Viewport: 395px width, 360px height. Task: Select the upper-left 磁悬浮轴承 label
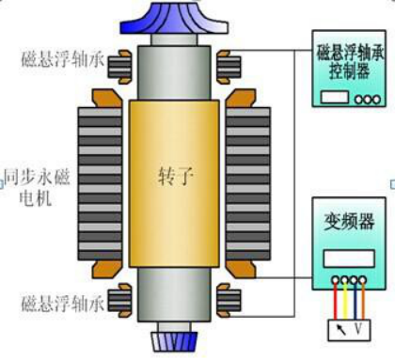(x=57, y=59)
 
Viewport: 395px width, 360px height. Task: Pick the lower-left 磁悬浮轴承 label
(x=57, y=304)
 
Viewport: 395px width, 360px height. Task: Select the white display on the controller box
(x=334, y=99)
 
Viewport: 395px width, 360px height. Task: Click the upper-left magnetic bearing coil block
(x=119, y=66)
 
